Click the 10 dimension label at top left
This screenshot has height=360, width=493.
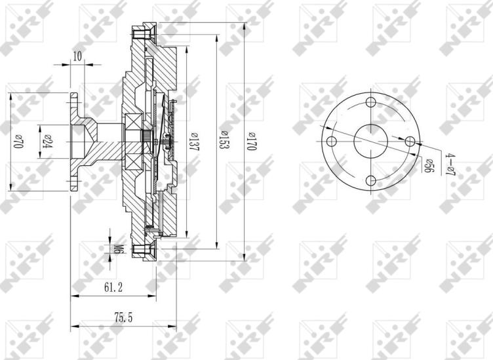tap(78, 56)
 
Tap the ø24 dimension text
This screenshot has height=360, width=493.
tap(47, 140)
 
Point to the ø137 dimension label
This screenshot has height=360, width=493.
tap(194, 142)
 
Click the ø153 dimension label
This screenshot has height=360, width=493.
tap(224, 142)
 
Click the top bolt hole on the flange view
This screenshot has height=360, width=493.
tap(371, 102)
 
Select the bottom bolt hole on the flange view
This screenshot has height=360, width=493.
tap(371, 180)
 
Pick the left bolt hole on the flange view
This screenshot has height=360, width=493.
tap(332, 142)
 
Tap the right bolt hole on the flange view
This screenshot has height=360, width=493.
tap(410, 141)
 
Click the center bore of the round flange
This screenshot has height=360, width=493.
tap(371, 141)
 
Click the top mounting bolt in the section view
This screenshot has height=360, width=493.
tap(141, 33)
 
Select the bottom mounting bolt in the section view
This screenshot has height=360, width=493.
tap(141, 250)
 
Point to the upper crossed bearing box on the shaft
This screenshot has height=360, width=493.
tap(134, 122)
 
